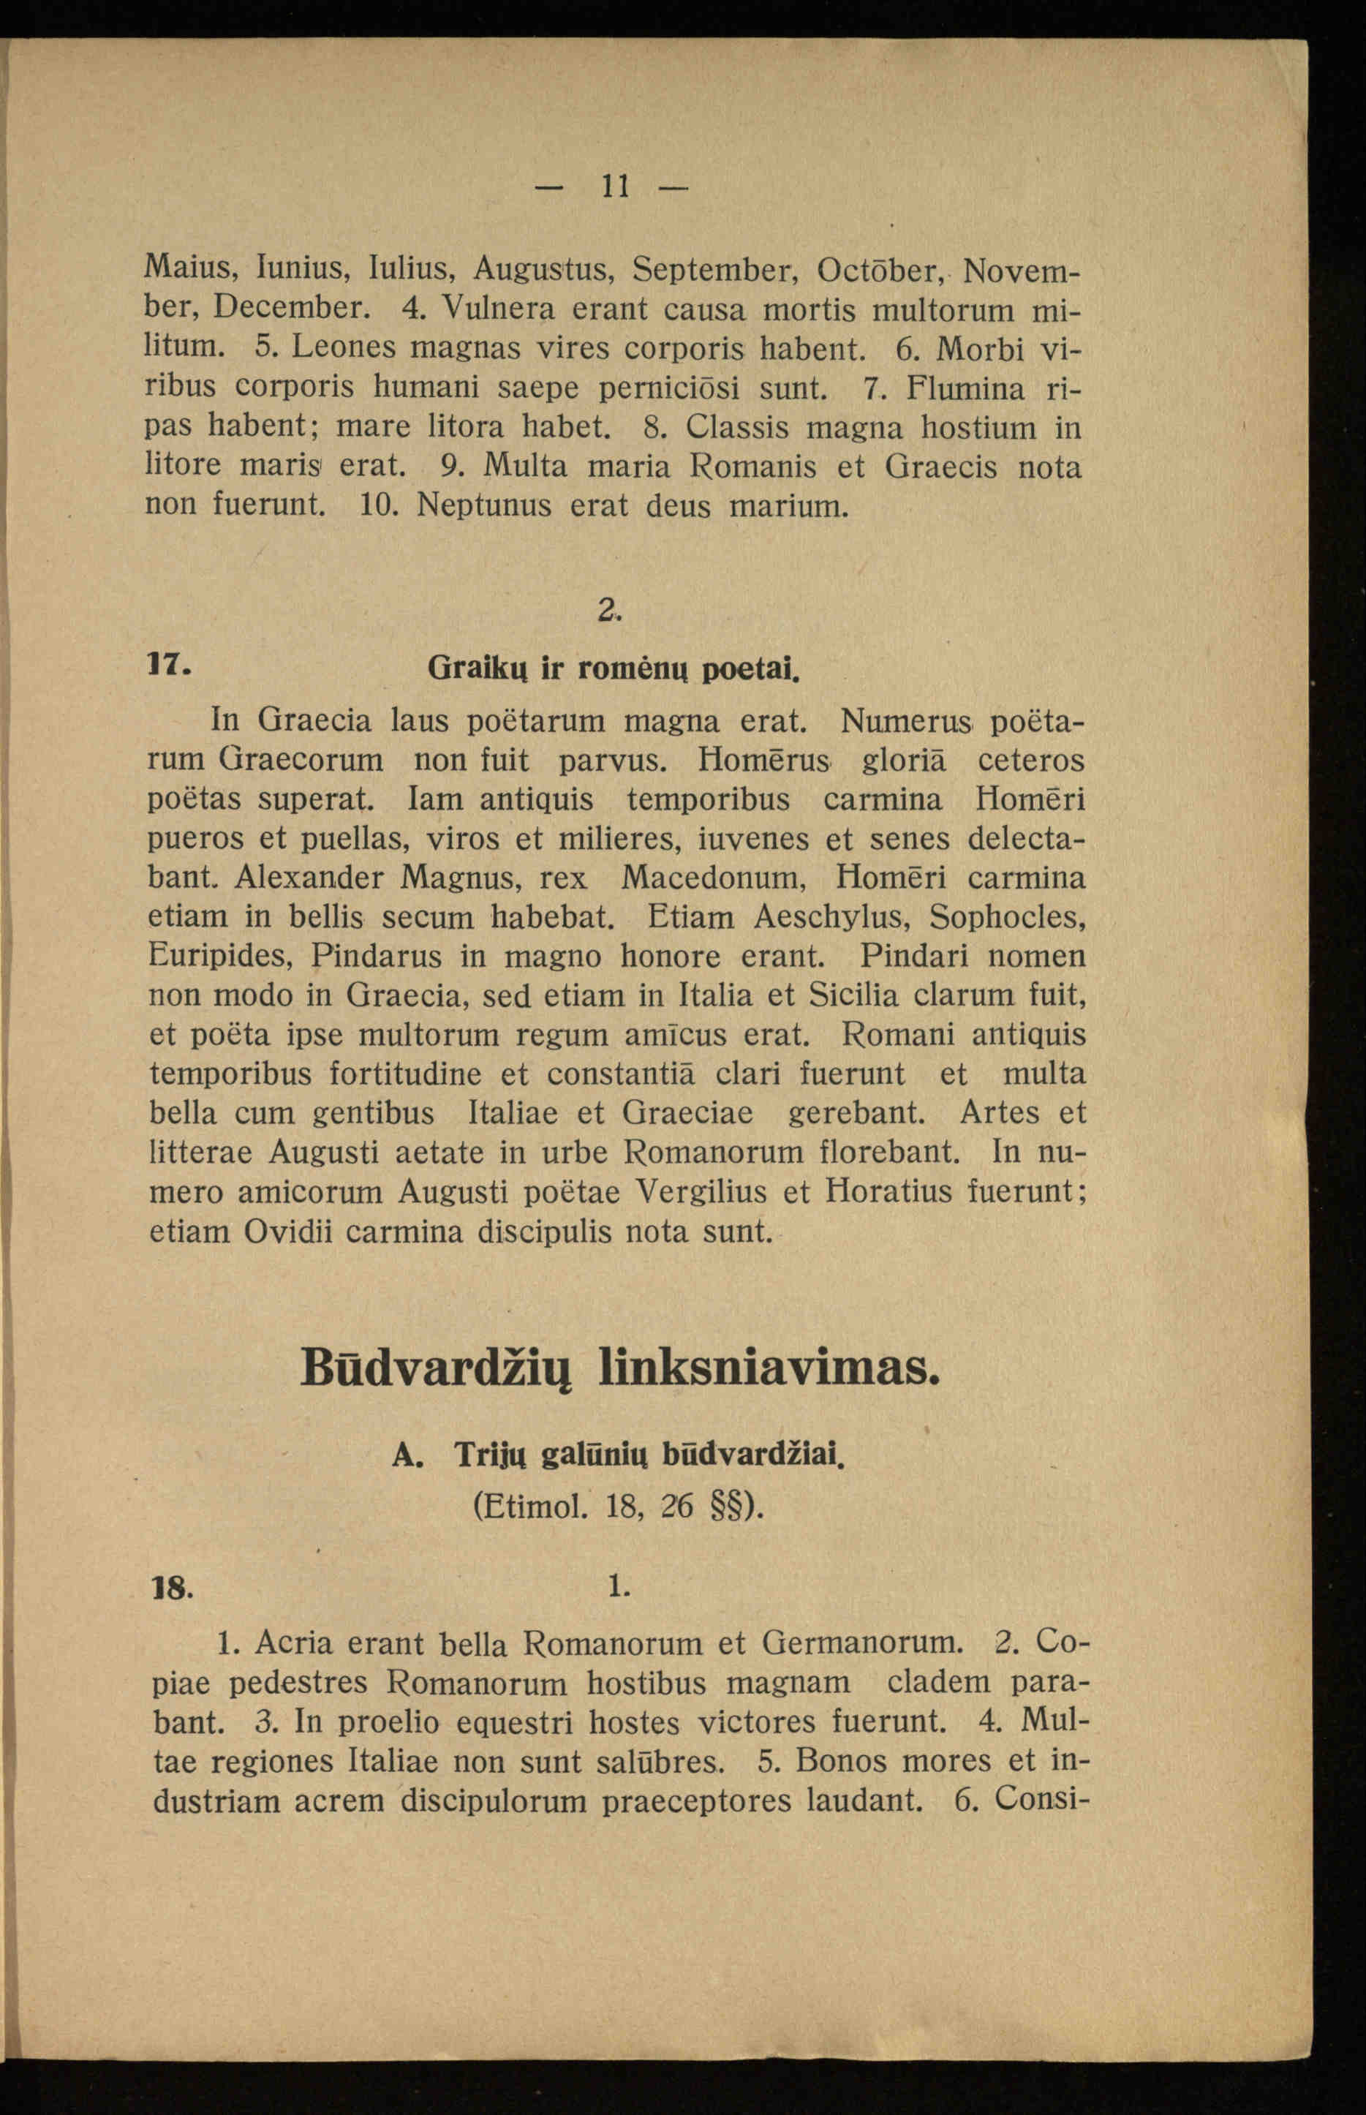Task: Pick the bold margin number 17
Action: click(166, 663)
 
